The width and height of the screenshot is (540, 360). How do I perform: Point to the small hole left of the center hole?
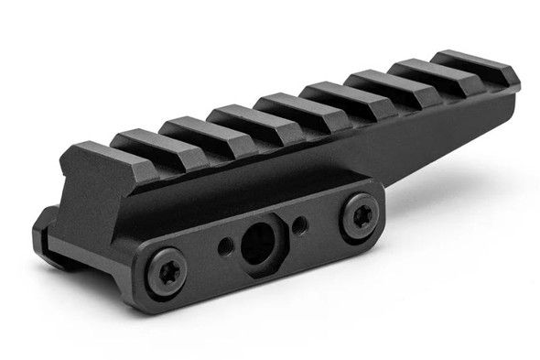point(224,245)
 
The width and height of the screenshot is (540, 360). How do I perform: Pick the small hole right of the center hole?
point(299,223)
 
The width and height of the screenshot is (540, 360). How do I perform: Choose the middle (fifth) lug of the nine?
point(286,105)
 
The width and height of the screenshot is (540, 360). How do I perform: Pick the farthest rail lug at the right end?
point(475,63)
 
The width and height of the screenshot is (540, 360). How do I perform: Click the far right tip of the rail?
point(514,92)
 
